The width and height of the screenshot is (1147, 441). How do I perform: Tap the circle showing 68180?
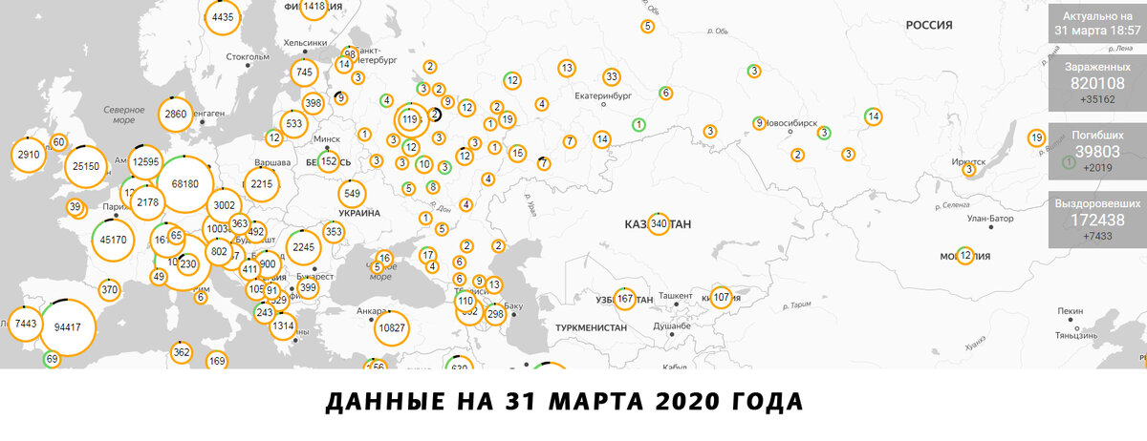(x=184, y=182)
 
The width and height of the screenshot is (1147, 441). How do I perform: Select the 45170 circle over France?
(x=113, y=240)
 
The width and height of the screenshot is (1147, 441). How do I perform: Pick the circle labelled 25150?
(x=85, y=166)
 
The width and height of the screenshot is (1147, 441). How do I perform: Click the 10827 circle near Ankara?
(x=393, y=328)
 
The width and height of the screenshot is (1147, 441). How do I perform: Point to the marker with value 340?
(x=658, y=224)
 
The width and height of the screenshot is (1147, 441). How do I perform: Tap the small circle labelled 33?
(x=612, y=77)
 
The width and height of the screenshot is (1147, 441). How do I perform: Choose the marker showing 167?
(x=625, y=298)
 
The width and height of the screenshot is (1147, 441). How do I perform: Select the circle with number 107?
(x=721, y=297)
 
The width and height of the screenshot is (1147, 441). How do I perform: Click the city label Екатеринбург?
(x=604, y=96)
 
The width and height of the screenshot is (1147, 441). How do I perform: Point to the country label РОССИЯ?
(x=929, y=27)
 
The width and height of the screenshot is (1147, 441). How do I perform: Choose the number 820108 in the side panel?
(x=1097, y=82)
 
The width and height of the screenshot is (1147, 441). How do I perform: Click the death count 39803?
(x=1097, y=152)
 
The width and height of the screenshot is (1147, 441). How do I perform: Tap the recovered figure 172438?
(x=1097, y=220)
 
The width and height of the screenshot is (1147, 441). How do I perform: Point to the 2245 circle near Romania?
(x=303, y=247)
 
